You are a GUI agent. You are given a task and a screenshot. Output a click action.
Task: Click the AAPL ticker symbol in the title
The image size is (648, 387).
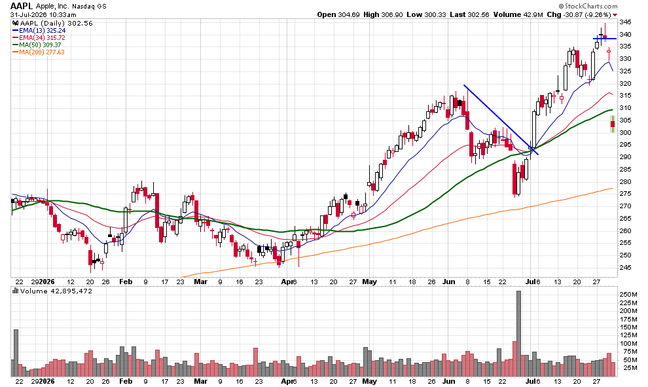(x=22, y=6)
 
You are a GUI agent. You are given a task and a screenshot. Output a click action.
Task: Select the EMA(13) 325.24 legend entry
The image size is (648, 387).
(x=39, y=31)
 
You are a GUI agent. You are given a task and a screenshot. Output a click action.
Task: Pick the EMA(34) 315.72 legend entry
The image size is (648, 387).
(x=39, y=37)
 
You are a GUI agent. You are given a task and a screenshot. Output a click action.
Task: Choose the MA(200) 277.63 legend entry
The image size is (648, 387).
(x=39, y=52)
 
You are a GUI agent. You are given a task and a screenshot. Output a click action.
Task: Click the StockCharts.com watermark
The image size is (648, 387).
(x=588, y=6)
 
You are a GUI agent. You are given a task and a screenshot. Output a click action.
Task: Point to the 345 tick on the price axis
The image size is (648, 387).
(x=625, y=22)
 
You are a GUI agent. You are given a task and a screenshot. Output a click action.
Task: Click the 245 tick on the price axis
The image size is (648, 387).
(x=625, y=268)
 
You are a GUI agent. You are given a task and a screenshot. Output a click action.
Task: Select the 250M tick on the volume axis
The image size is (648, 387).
(x=628, y=295)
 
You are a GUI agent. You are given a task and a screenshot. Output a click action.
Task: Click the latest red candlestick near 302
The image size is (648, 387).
(x=613, y=124)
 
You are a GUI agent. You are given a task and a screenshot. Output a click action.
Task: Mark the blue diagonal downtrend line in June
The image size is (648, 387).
(x=501, y=120)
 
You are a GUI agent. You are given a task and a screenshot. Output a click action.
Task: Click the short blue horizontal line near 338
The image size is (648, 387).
(x=605, y=39)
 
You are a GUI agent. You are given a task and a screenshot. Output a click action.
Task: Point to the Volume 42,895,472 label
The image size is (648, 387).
(x=52, y=291)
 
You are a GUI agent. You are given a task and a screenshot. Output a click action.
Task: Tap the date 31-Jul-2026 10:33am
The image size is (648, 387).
(x=43, y=15)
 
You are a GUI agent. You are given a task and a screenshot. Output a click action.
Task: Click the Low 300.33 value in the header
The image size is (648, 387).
(x=427, y=14)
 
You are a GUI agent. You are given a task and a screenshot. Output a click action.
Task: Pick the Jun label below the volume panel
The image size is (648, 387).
(x=449, y=381)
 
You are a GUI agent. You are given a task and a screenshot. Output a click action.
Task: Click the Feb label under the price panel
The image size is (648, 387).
(x=126, y=282)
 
